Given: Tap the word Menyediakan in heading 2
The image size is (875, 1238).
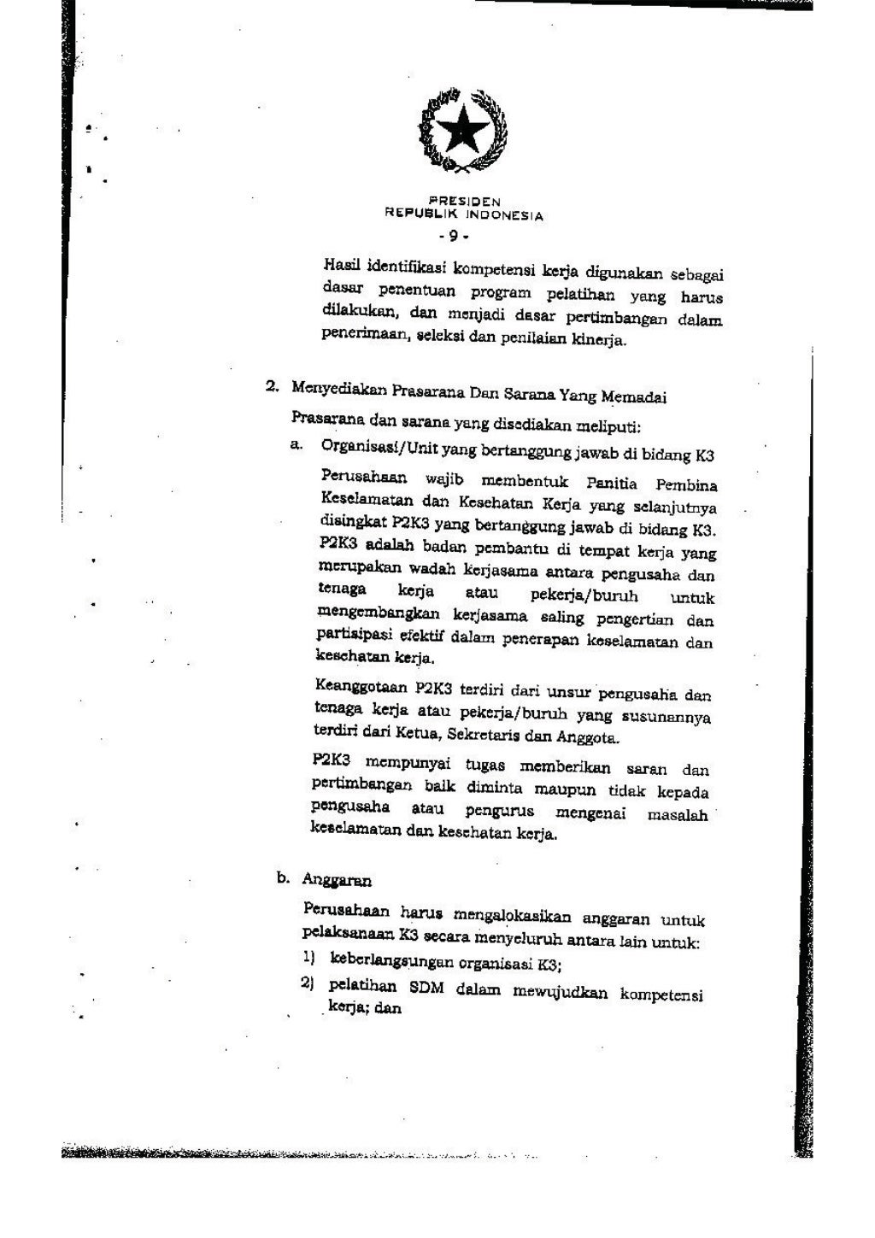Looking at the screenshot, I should coord(339,389).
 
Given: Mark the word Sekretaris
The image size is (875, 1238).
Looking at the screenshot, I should coord(501,735).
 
